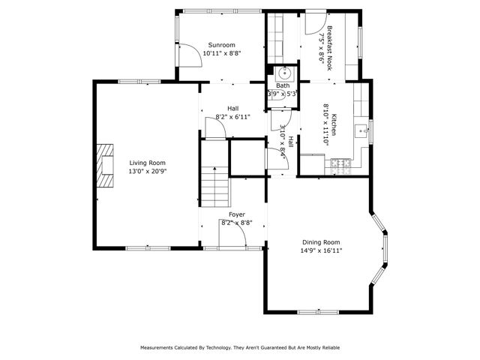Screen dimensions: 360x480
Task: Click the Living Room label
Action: (x=147, y=163)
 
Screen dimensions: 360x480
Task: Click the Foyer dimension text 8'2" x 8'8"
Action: (x=236, y=223)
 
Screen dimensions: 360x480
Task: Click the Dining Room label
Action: (x=321, y=242)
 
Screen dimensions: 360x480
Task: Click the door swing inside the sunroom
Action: (x=193, y=54)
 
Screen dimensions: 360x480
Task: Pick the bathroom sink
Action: (x=285, y=73)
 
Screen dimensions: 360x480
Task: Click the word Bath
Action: (x=282, y=85)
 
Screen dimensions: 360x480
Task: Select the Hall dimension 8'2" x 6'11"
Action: (x=232, y=116)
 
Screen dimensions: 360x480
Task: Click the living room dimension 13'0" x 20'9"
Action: (x=147, y=171)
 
